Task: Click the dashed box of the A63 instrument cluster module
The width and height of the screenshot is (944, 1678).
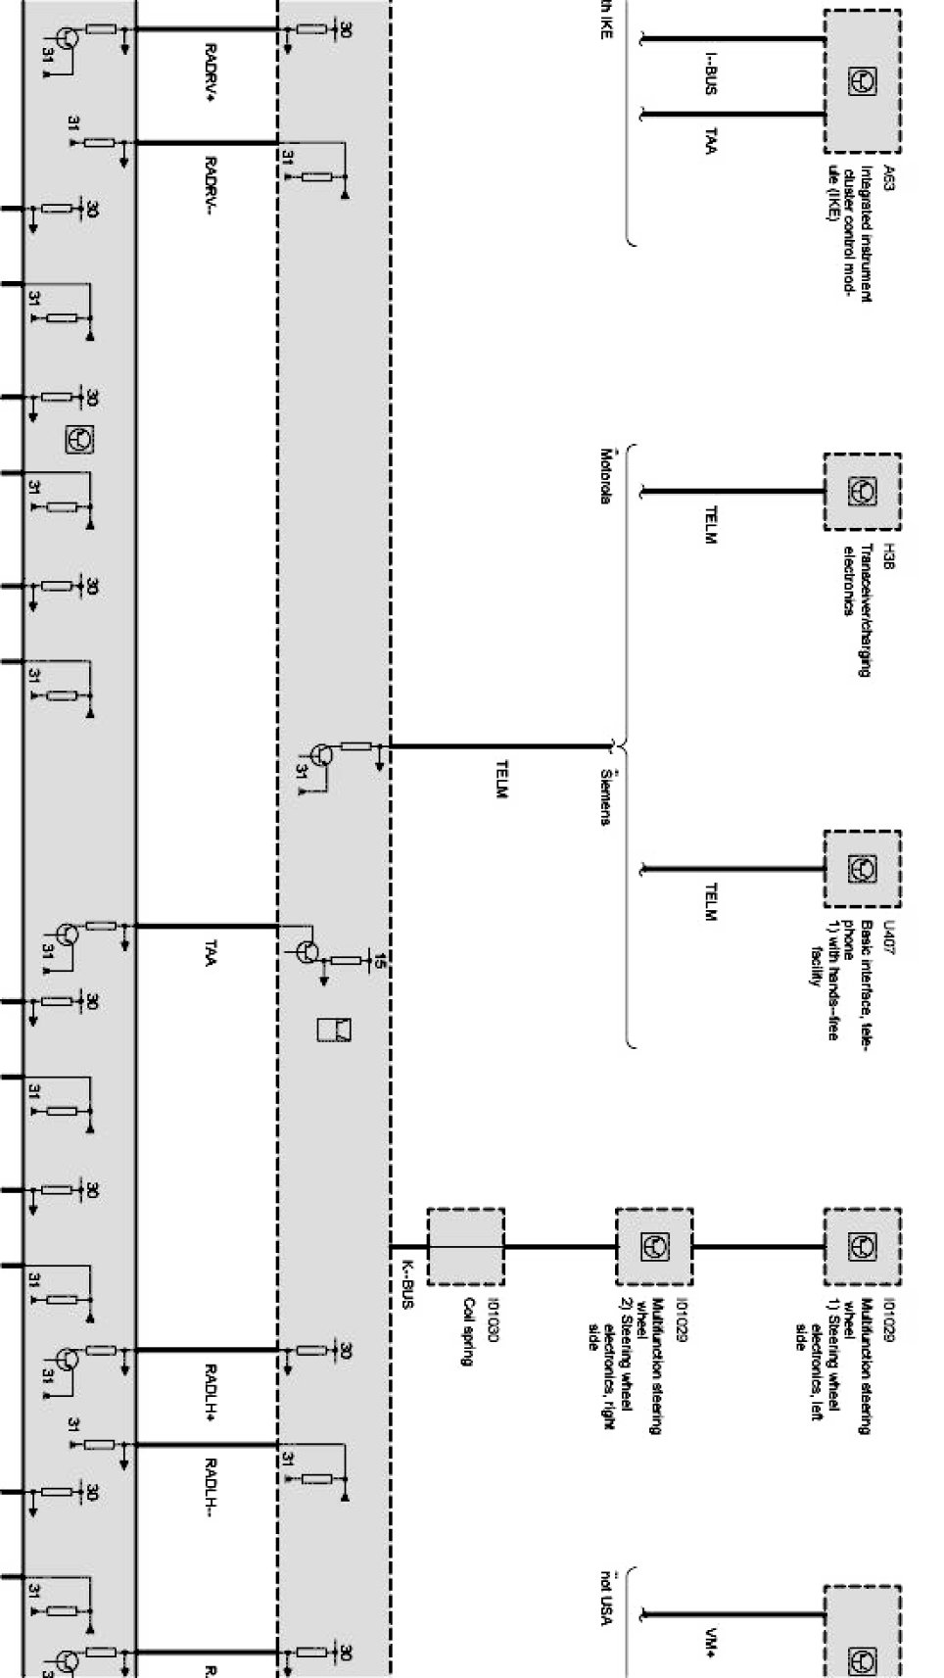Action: [862, 81]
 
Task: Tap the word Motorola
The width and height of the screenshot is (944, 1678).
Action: [606, 476]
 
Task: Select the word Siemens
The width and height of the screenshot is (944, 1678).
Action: [606, 795]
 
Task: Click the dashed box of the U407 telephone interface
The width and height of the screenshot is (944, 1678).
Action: [862, 869]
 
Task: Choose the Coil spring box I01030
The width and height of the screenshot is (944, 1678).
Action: [465, 1247]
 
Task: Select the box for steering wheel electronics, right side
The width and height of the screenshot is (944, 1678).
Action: [653, 1247]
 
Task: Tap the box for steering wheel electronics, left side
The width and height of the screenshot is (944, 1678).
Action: [862, 1247]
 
